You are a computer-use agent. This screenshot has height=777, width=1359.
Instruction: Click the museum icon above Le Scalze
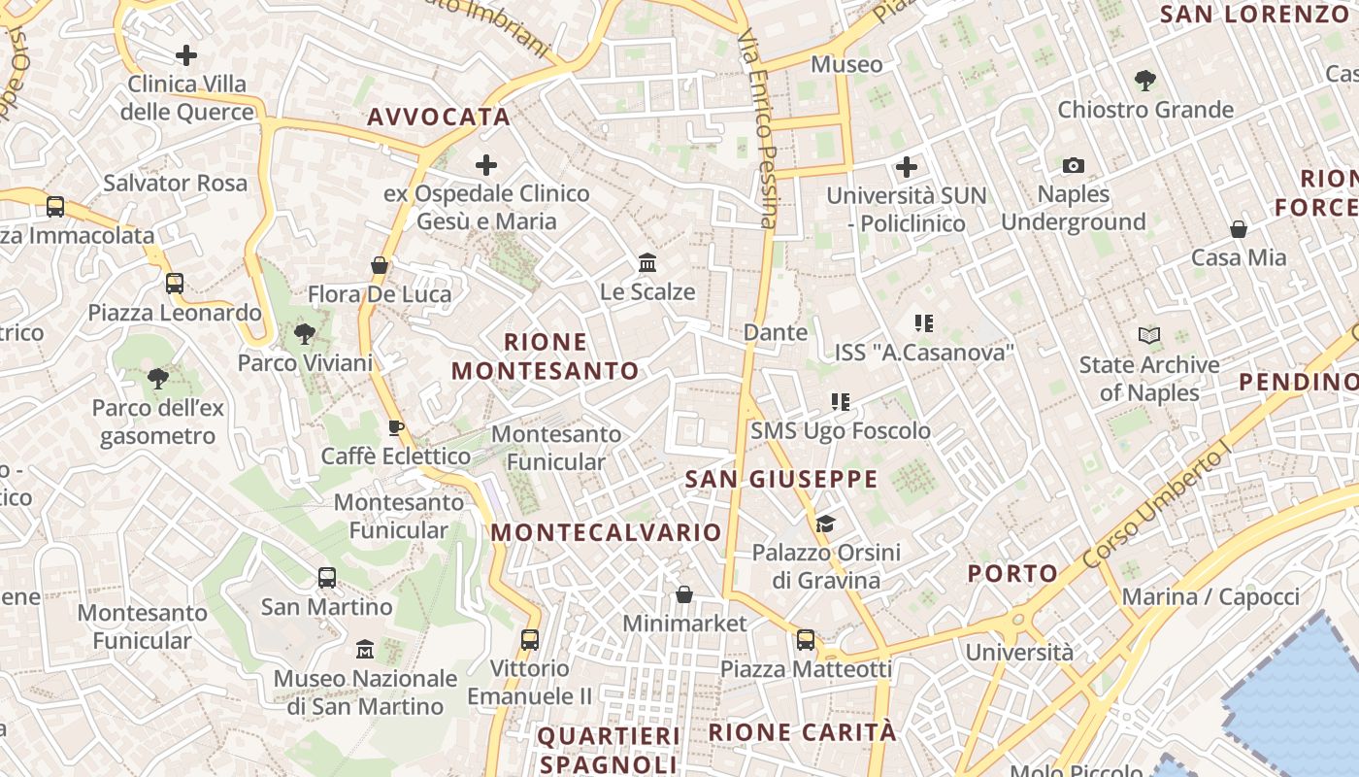pos(647,263)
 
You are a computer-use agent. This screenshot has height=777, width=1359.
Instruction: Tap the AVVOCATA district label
pos(439,118)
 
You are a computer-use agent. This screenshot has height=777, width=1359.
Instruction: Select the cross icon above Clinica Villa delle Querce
pos(186,55)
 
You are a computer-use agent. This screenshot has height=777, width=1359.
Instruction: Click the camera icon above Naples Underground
pos(1073,166)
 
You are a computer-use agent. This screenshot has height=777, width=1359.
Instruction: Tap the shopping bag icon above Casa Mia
pos(1239,229)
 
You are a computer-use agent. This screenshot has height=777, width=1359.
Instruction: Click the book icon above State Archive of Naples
pos(1149,336)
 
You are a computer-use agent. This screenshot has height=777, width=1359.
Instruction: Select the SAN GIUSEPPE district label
pos(781,479)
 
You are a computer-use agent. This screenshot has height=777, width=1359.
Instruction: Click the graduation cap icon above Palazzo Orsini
pos(825,524)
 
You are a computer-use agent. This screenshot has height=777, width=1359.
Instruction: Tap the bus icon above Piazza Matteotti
pos(806,640)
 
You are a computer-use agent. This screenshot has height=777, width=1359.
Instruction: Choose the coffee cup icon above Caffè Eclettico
pos(395,427)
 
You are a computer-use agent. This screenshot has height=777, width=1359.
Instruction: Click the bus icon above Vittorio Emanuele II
pos(529,640)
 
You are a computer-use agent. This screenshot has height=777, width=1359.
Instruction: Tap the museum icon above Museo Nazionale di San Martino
pos(365,649)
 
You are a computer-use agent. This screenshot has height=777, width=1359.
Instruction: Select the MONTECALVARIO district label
pos(606,532)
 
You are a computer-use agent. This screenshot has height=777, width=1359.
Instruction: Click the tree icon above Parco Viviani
pos(305,335)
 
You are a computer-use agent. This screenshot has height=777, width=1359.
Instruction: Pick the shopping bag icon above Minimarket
pos(684,594)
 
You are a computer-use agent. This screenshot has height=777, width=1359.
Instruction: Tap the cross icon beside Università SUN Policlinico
pos(907,167)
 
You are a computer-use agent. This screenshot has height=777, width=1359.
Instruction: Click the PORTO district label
pos(1012,573)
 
